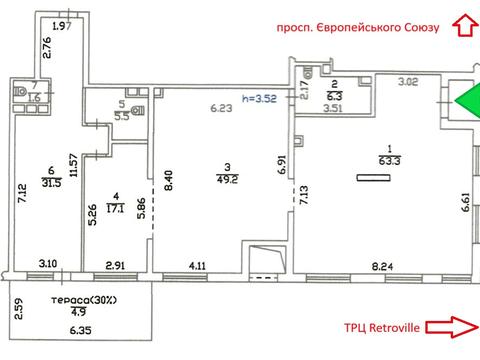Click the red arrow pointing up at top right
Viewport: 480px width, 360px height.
click(465, 25)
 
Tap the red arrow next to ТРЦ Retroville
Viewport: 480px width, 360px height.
click(452, 327)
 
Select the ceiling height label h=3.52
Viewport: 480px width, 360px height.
click(259, 99)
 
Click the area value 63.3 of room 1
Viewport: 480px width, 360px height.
click(390, 161)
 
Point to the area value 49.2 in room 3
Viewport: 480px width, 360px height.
click(227, 179)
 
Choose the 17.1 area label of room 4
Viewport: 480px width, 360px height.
click(116, 209)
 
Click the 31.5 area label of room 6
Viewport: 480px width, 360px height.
click(52, 183)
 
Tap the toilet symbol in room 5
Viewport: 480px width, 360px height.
click(138, 111)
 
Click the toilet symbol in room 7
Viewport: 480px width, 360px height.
click(20, 91)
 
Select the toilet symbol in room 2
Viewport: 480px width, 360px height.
click(307, 72)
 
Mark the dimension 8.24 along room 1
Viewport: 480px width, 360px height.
click(382, 266)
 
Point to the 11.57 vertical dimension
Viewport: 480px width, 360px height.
click(74, 165)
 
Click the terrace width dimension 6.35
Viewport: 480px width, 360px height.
click(80, 331)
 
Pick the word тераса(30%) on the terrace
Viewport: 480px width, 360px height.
click(84, 300)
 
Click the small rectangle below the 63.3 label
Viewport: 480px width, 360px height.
click(373, 178)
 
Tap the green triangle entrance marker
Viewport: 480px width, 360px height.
click(468, 101)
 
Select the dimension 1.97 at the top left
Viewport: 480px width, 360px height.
click(62, 26)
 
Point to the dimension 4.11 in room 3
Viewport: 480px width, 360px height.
click(197, 266)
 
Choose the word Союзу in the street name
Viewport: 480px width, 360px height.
click(422, 27)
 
